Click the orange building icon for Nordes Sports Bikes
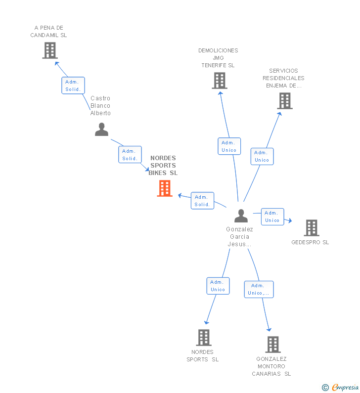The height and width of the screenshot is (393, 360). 165,188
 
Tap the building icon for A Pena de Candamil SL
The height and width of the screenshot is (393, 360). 50,50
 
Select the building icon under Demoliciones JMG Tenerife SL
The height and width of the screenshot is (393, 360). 220,81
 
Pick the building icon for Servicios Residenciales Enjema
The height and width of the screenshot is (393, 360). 285,101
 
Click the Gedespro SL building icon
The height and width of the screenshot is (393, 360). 312,228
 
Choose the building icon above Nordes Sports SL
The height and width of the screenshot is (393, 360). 204,337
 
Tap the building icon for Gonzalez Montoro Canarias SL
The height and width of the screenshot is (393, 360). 273,345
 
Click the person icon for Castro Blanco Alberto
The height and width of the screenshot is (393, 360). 101,130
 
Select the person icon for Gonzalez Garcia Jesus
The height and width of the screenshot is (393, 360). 241,216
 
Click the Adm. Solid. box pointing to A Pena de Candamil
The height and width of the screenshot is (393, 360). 73,86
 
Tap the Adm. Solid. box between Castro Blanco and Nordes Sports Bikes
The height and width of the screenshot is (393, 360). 130,155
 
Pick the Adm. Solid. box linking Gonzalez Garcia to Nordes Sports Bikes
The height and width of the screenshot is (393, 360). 202,201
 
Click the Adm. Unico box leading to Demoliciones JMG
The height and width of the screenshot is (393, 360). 229,146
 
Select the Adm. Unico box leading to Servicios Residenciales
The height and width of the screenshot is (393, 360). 262,156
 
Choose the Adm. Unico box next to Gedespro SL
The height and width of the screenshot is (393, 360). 272,217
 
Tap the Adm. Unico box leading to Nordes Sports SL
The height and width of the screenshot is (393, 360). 218,286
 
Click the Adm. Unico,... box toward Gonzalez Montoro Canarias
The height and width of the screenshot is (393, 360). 259,289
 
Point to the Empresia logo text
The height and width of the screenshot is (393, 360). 345,387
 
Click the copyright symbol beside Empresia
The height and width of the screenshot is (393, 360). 325,388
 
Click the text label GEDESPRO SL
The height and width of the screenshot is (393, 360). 310,242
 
